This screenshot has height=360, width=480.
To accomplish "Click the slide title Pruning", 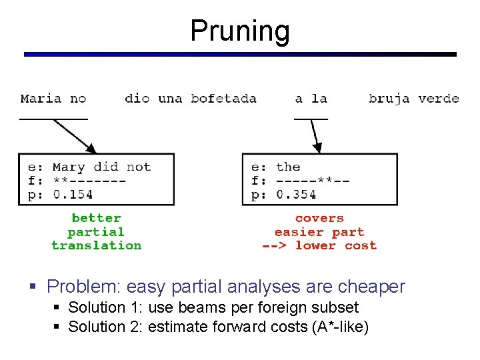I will coord(240,31).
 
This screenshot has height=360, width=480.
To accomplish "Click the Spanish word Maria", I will coord(41,99).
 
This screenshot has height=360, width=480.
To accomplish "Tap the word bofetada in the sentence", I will coord(223,99).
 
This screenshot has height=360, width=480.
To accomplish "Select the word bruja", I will coord(389,99).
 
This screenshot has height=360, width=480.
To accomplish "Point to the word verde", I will coord(439,99).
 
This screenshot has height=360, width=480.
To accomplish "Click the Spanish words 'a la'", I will coord(311,99).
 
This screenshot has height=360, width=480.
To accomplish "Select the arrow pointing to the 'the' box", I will coord(315,137).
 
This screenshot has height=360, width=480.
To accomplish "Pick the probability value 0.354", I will coord(296,195).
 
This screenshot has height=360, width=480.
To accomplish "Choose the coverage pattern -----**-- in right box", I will coord(313,181).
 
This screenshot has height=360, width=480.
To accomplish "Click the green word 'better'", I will coord(96,218).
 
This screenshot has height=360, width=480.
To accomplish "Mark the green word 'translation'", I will coord(96,245).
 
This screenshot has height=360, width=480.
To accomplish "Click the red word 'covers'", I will coord(319,218).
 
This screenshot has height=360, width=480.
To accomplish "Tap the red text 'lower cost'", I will coord(336,245).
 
